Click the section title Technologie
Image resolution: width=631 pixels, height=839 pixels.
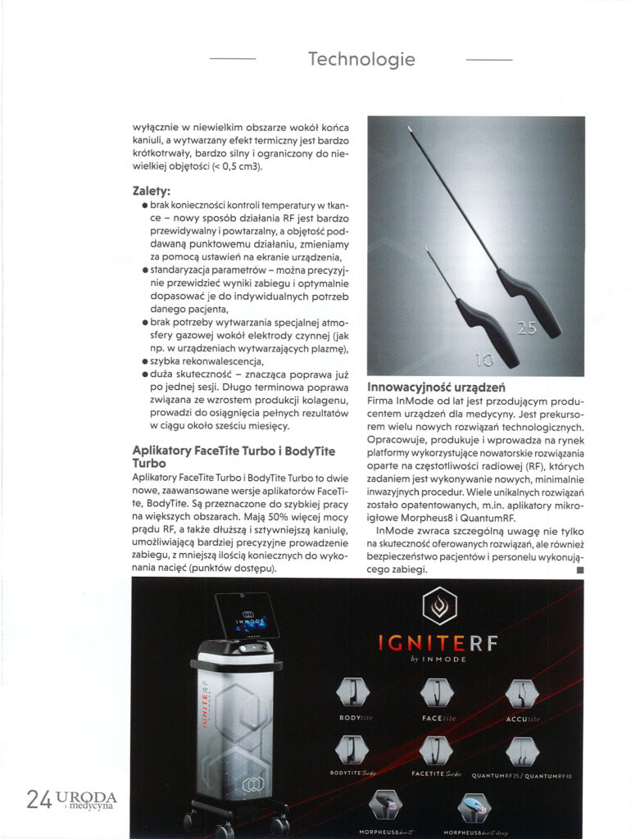point(361,60)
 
